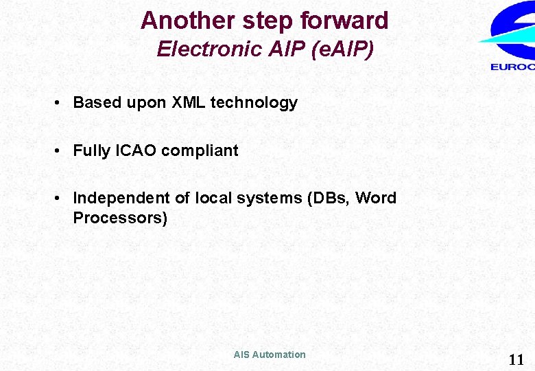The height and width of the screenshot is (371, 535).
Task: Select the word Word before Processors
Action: tap(376, 198)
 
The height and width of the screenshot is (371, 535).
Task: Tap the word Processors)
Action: tap(120, 218)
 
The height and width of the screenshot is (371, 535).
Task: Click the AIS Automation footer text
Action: tap(270, 355)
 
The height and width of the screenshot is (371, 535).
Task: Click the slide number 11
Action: tap(515, 359)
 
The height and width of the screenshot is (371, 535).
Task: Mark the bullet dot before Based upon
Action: tap(60, 103)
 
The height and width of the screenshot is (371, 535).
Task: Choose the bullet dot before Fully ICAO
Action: tap(60, 150)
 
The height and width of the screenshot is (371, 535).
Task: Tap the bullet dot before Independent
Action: tap(60, 198)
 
